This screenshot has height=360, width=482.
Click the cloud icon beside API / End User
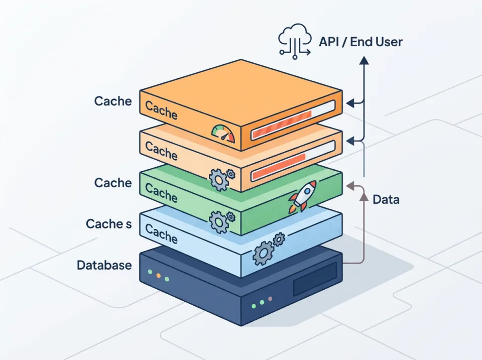tap(294, 41)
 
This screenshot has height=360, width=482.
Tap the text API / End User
tap(360, 41)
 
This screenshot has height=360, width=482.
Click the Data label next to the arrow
tap(386, 199)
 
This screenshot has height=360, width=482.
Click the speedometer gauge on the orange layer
tap(223, 133)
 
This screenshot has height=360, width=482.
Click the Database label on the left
tap(104, 265)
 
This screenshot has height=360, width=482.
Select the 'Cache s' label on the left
tap(108, 224)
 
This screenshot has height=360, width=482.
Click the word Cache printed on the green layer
tap(161, 192)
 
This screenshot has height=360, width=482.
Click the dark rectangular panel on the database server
tap(314, 279)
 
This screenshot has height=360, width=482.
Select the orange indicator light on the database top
tap(158, 276)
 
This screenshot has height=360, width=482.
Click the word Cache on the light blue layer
tap(161, 233)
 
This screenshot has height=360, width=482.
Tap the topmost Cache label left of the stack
tap(113, 101)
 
